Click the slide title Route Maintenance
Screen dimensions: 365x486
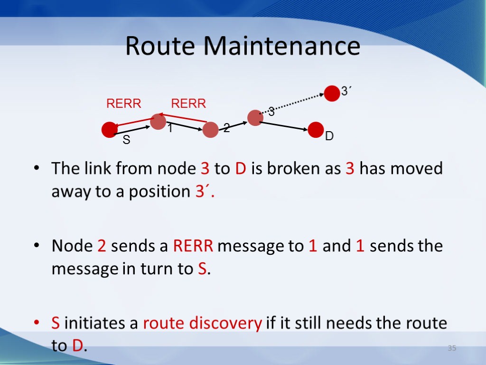click(x=243, y=47)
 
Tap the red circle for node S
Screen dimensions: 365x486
click(x=109, y=129)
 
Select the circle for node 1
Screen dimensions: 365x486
click(x=158, y=122)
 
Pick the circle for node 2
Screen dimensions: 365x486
click(x=210, y=130)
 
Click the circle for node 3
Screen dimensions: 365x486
click(x=255, y=117)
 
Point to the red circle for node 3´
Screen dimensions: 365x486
click(x=332, y=93)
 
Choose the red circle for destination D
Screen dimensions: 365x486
click(x=316, y=130)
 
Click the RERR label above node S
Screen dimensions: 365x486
click(x=123, y=104)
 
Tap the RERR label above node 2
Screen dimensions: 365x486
click(x=188, y=104)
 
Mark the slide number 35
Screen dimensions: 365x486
click(x=452, y=349)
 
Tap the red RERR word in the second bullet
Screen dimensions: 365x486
click(x=193, y=246)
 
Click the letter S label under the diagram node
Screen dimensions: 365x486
click(x=126, y=141)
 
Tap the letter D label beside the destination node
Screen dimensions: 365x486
click(x=329, y=137)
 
